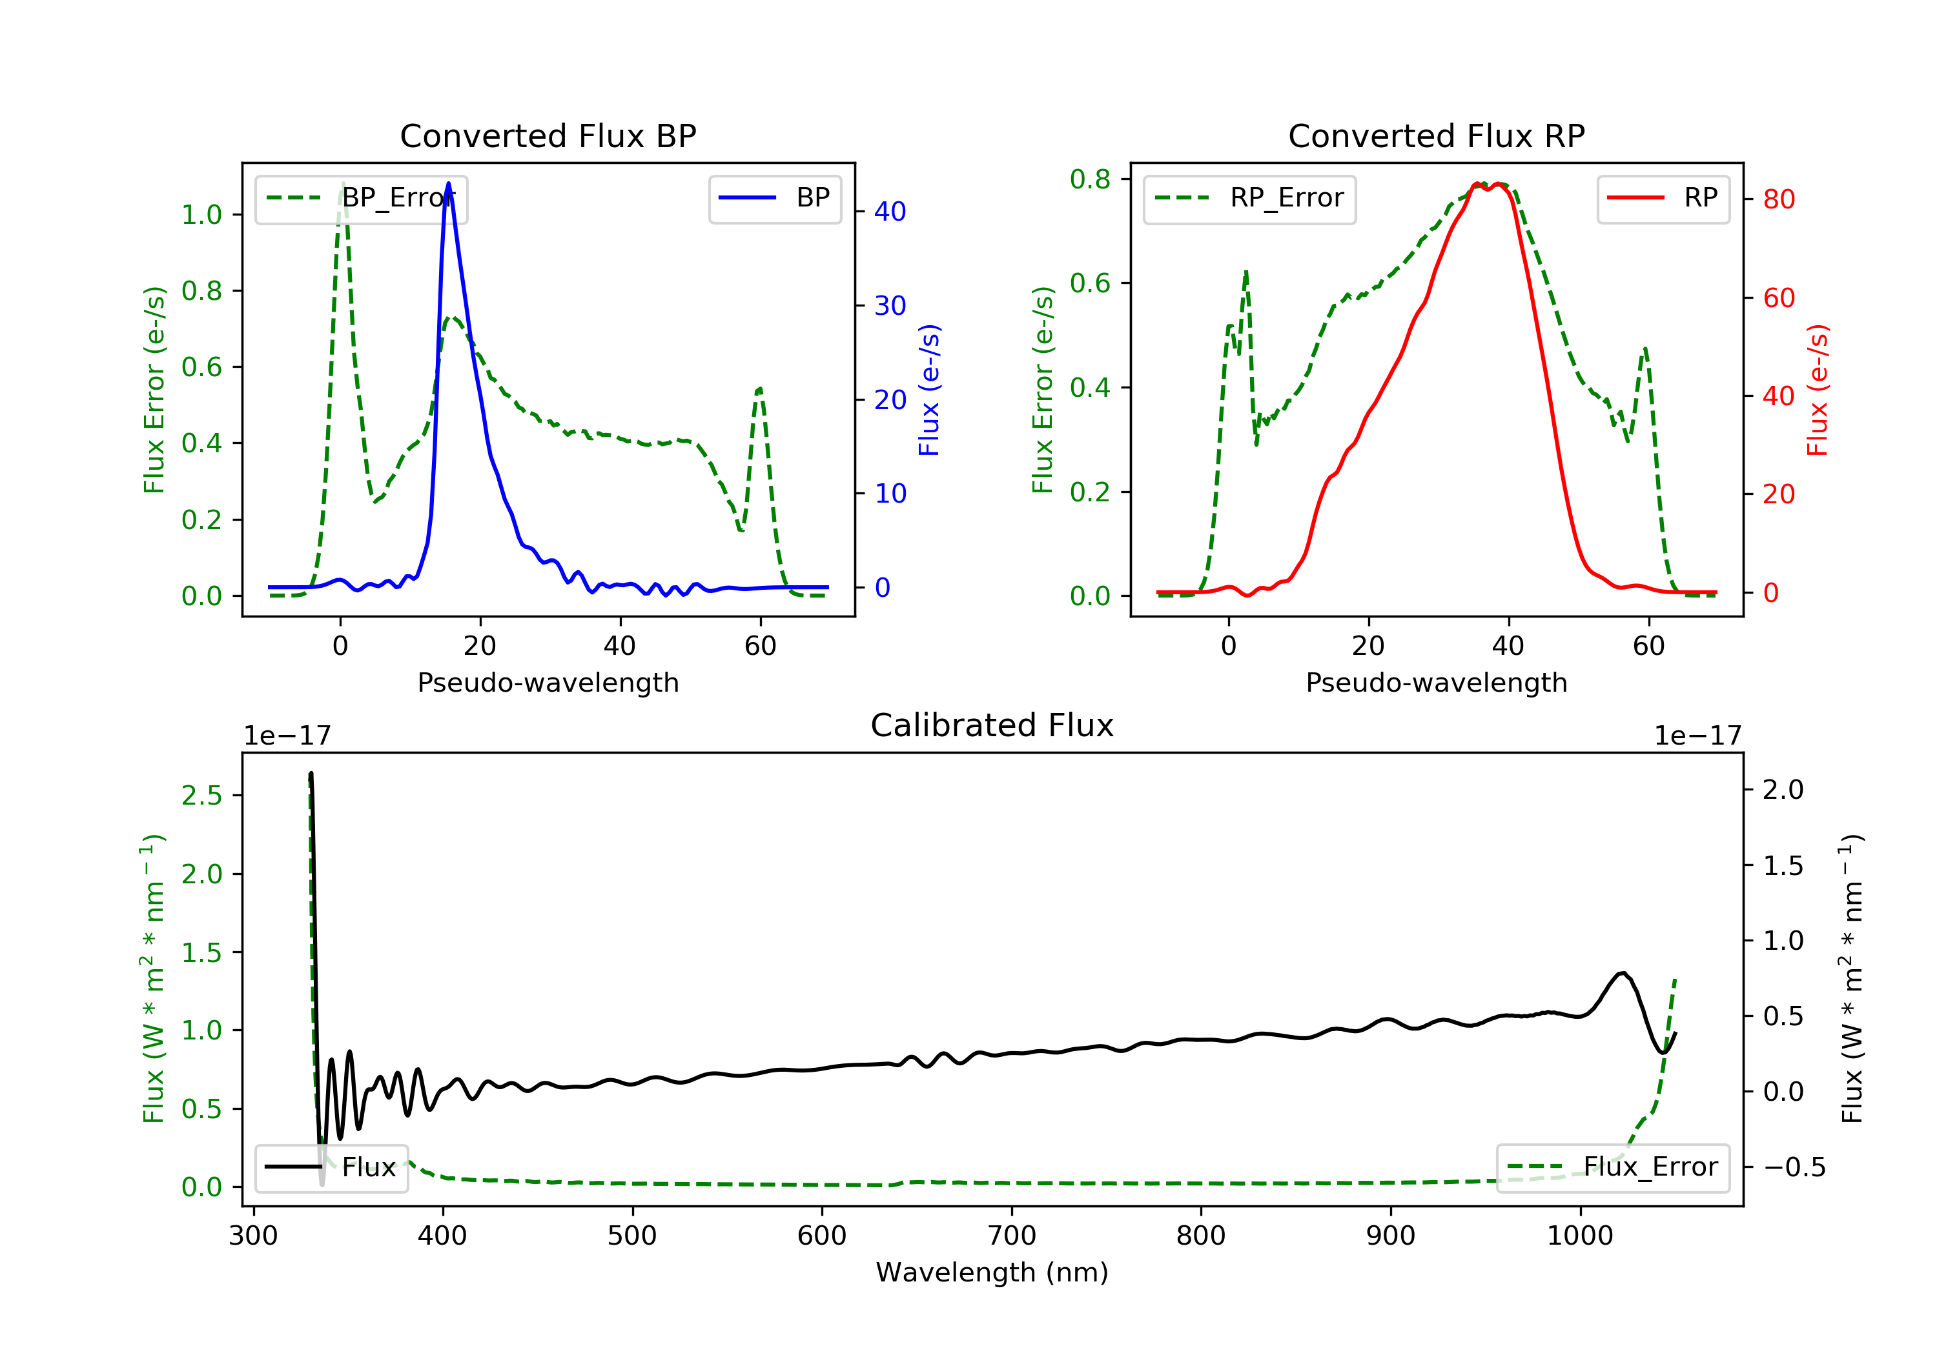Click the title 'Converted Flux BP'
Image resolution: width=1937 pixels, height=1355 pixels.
pos(548,135)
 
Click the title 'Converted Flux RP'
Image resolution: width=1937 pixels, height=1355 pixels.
pos(1437,135)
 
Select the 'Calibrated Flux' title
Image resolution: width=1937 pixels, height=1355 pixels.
pos(992,725)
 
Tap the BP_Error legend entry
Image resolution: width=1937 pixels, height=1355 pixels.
pos(361,198)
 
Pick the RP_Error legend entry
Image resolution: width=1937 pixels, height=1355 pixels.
pos(1249,198)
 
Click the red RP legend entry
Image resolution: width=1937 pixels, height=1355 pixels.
pos(1663,198)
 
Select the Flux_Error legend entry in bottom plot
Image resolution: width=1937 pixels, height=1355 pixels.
pos(1612,1167)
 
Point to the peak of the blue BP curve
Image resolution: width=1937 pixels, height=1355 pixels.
pos(448,183)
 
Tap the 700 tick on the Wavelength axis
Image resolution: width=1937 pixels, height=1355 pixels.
pos(1012,1235)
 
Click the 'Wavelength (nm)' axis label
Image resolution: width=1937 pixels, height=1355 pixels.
pos(992,1272)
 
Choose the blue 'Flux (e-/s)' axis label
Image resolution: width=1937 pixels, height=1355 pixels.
pos(929,390)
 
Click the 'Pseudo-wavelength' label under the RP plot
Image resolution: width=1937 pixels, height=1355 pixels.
pos(1437,682)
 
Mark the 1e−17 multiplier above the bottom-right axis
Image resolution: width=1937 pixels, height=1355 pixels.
pos(1697,736)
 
